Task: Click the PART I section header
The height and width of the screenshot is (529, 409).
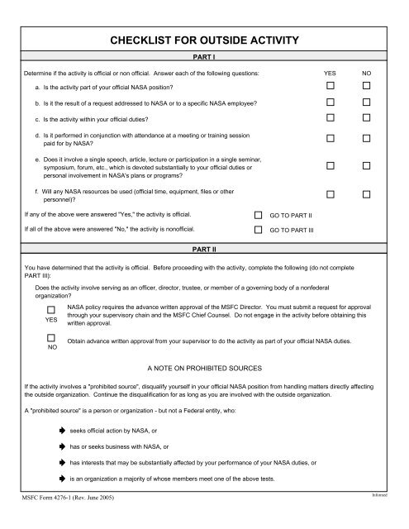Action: (x=204, y=60)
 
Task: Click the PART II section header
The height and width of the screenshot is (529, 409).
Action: (x=204, y=248)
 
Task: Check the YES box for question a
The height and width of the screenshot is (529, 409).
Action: (x=331, y=85)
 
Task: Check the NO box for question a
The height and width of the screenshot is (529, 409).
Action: (x=366, y=85)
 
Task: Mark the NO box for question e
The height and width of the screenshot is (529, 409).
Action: (x=366, y=166)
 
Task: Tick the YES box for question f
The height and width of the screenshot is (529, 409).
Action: (x=331, y=194)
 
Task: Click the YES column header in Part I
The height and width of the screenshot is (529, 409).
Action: (x=331, y=74)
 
